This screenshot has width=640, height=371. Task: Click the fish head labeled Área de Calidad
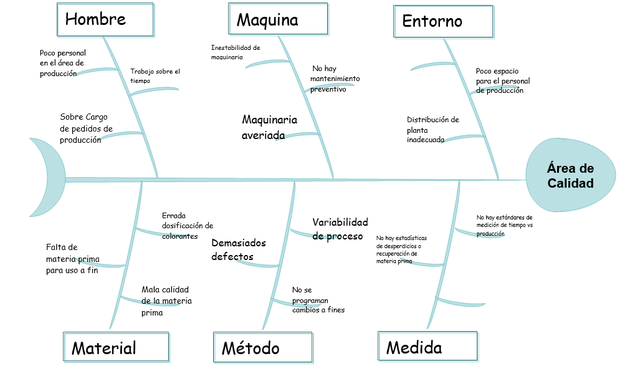570,176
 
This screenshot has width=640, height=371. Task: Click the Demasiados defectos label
239,249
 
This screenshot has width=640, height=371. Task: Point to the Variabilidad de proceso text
339,229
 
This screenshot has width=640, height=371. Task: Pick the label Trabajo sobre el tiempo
155,76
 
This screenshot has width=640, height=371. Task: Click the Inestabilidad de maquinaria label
236,52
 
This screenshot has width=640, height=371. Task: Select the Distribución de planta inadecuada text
432,129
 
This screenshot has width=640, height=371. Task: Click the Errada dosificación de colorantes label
187,226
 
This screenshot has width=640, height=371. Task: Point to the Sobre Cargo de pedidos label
87,128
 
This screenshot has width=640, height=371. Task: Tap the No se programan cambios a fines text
317,300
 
